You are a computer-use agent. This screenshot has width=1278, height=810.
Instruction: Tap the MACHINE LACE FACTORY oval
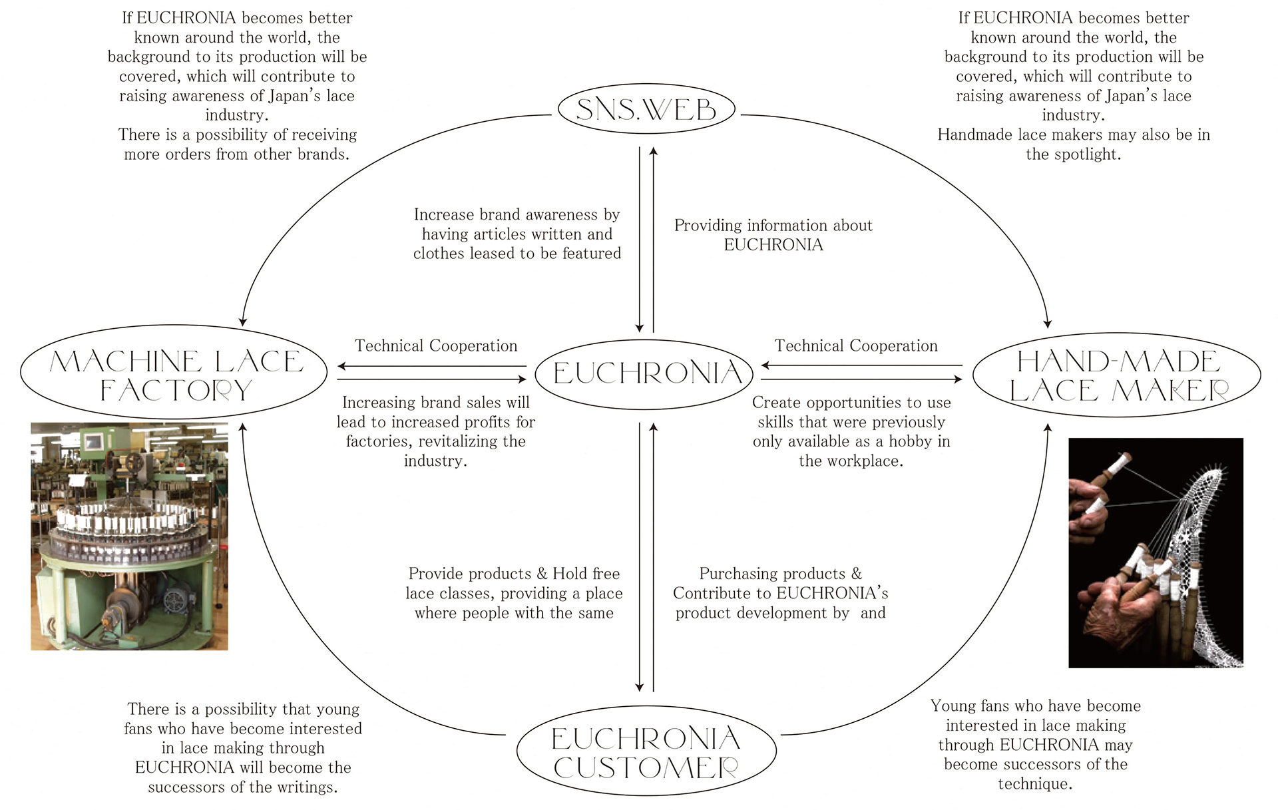174,374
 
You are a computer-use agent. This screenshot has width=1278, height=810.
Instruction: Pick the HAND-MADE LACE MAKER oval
1117,375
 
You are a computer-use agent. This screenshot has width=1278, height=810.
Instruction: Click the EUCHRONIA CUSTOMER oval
646,752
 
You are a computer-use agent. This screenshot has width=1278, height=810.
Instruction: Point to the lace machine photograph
129,536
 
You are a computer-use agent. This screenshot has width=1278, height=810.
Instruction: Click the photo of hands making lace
1155,552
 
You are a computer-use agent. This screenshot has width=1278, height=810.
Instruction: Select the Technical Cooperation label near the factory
436,346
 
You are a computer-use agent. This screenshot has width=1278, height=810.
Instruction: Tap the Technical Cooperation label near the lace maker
856,346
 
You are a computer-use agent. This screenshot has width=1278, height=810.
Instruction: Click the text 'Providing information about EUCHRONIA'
773,235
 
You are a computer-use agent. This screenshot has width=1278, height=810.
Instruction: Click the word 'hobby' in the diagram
907,441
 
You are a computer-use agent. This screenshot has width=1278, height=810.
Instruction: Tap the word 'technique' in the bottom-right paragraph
1033,784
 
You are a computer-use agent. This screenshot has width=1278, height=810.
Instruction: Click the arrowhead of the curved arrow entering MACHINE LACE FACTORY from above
243,321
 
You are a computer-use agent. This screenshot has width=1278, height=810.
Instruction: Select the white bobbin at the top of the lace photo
1123,460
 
